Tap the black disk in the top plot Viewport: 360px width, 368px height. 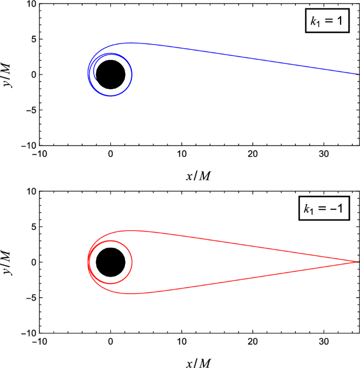click(x=110, y=75)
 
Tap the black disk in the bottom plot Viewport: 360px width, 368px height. click(x=110, y=262)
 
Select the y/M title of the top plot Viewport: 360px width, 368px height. click(x=7, y=75)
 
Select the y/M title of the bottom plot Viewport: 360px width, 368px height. click(x=7, y=262)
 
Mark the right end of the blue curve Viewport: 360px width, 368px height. click(x=359, y=75)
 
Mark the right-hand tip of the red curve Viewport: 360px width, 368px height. click(x=359, y=262)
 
